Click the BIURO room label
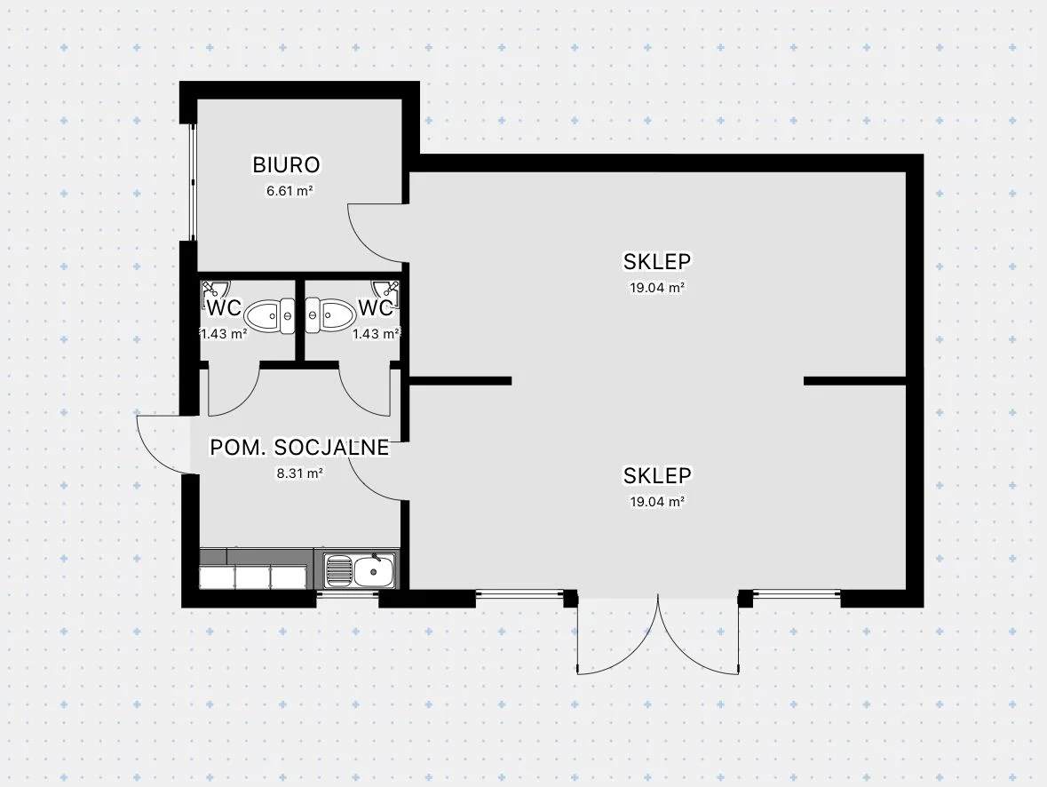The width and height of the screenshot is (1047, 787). [286, 164]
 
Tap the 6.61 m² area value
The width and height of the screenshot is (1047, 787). [290, 191]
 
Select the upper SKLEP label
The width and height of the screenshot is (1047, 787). [657, 261]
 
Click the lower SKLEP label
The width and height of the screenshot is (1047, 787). [657, 475]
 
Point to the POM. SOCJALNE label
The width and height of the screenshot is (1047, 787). [299, 448]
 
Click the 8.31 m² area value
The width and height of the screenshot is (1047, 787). [299, 473]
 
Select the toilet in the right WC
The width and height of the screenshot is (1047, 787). [330, 314]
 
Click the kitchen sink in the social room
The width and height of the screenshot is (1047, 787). [360, 570]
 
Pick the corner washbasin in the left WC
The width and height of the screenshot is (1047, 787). [213, 290]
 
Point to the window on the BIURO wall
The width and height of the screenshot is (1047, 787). [190, 182]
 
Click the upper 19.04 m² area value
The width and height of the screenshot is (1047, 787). [657, 288]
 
